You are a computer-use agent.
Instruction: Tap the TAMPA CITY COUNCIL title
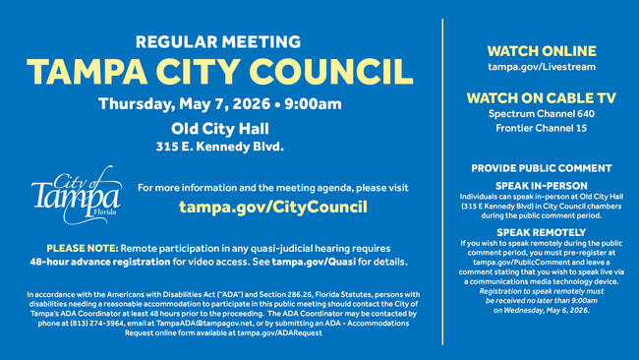(x=219, y=72)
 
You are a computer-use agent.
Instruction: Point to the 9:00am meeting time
(x=313, y=104)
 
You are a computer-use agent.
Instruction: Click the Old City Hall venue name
(x=219, y=128)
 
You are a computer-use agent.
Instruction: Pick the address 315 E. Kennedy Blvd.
(x=219, y=147)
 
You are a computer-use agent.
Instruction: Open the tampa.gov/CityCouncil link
(x=272, y=207)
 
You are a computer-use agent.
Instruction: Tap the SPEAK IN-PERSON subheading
(x=542, y=186)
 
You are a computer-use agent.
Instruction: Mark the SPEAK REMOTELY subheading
(x=542, y=232)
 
